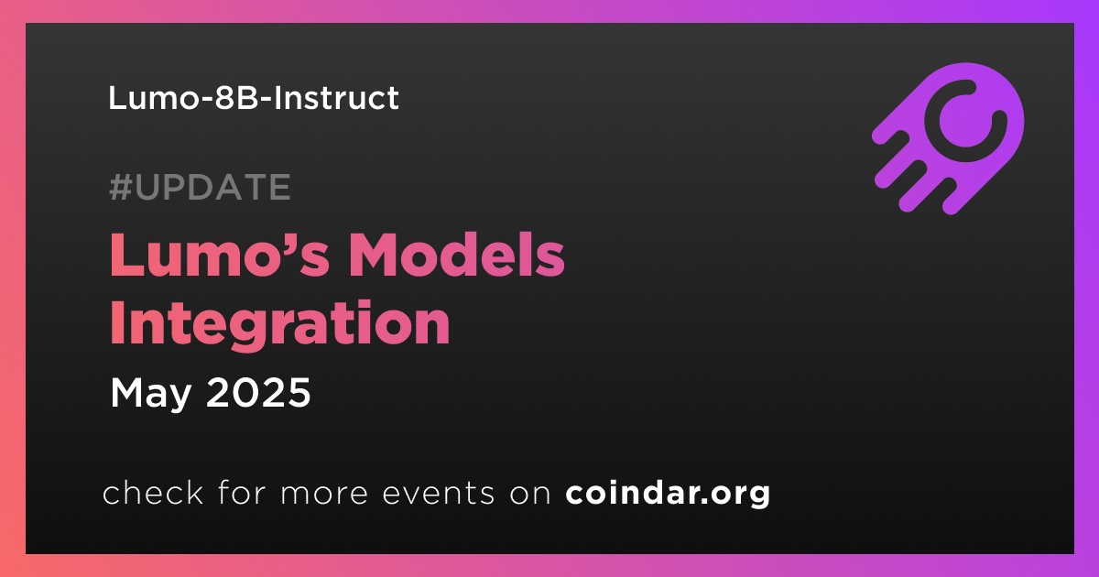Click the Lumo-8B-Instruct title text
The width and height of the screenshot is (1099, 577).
[x=253, y=98]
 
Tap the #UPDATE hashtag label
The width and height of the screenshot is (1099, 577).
[x=201, y=187]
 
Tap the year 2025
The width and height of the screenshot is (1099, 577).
[x=258, y=393]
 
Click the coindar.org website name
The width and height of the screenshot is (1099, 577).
[x=668, y=494]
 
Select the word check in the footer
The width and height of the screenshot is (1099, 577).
[x=153, y=492]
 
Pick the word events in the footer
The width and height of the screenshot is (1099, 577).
[x=439, y=494]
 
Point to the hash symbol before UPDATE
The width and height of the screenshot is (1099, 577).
[x=120, y=187]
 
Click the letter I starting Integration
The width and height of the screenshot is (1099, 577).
[x=116, y=321]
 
